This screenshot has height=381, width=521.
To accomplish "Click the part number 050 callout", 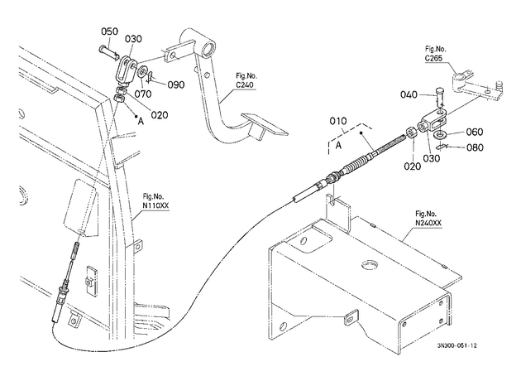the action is pos(110,31).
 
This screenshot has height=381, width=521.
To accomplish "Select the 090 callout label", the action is pos(176,84).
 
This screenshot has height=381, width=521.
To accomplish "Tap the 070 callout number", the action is pos(143,94).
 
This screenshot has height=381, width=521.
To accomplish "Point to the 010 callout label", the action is pos(338,121).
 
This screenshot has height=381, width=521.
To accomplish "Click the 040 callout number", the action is pos(409,94).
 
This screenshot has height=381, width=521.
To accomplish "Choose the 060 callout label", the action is pos(475,132).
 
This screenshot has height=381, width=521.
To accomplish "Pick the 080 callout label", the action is pos(475,147).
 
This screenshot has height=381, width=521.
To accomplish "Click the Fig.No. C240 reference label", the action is pos(246,80).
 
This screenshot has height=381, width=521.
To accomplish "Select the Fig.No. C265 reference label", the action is pos(435,54).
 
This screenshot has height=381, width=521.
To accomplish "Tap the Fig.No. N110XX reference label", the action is pos(155,201).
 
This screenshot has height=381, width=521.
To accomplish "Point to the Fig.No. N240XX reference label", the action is pos(428,219).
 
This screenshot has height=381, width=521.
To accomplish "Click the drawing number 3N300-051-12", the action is pos(456,345).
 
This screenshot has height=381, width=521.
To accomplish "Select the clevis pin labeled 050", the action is pos(108,53).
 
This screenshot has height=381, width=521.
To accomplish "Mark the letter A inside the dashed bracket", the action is pos(338,146).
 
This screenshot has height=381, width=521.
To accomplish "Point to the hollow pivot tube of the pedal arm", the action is pos(208,47).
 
